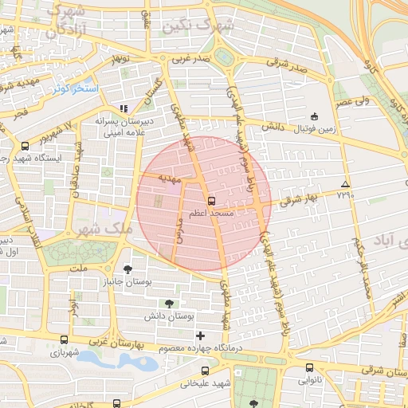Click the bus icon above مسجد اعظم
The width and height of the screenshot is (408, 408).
(211, 201)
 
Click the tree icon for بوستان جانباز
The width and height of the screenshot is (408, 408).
(129, 269)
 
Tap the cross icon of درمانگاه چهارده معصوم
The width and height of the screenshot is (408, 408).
(200, 335)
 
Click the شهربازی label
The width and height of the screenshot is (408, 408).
(64, 351)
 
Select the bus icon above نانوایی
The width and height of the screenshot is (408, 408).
(309, 367)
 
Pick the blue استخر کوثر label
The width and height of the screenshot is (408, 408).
(76, 88)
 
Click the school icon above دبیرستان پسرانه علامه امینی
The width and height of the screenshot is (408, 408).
(123, 108)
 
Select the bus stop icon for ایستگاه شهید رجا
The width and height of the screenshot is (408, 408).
(25, 146)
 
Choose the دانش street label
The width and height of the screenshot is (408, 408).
(273, 127)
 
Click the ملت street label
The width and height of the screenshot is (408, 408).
(78, 270)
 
